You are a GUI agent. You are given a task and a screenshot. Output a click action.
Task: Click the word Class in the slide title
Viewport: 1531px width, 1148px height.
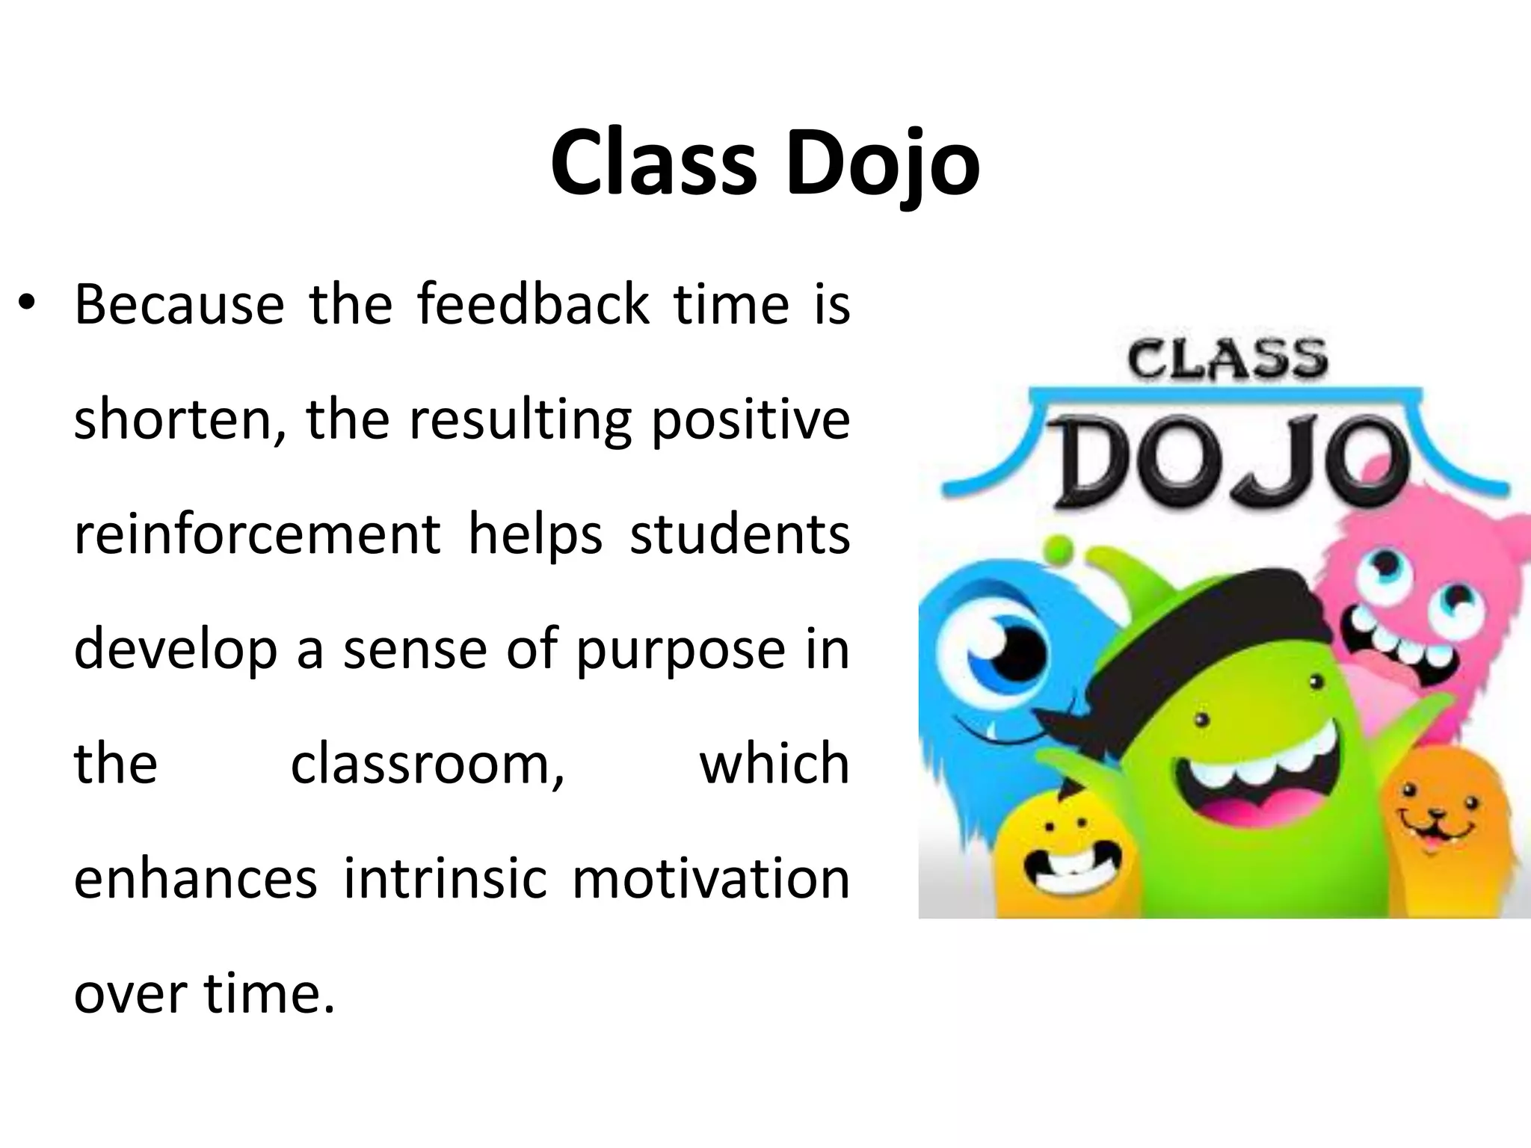click(653, 164)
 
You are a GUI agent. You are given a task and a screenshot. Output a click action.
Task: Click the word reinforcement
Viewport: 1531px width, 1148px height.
click(257, 535)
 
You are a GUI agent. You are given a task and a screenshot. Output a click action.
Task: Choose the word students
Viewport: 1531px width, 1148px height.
click(739, 535)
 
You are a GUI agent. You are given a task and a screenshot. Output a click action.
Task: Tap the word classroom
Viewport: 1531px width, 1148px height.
click(427, 765)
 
